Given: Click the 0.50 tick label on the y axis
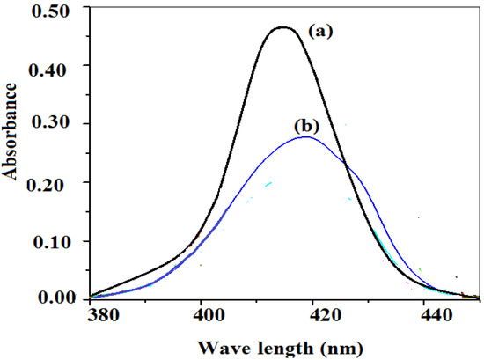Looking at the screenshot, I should pyautogui.click(x=57, y=9).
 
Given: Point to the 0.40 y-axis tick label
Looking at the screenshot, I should pyautogui.click(x=57, y=65).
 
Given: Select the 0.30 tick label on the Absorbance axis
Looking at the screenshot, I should pyautogui.click(x=57, y=124).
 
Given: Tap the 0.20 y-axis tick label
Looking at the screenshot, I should pyautogui.click(x=57, y=183).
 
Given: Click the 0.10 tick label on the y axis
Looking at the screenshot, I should pyautogui.click(x=57, y=241).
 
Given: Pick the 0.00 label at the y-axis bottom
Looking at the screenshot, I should pyautogui.click(x=57, y=299).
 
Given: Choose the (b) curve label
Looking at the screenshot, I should pyautogui.click(x=306, y=124).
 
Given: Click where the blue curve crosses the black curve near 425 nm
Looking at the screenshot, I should pyautogui.click(x=346, y=165).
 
